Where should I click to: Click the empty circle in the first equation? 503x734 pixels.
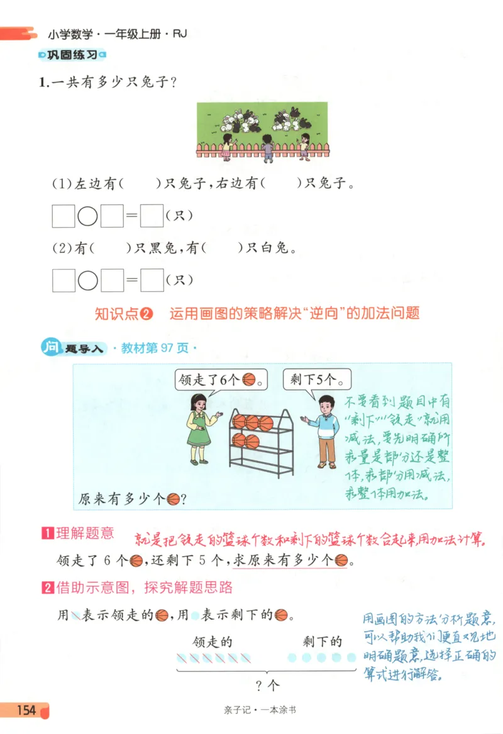click(87, 216)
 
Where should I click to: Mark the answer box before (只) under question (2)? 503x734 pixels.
click(152, 280)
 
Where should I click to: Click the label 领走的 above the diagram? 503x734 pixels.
click(213, 642)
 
